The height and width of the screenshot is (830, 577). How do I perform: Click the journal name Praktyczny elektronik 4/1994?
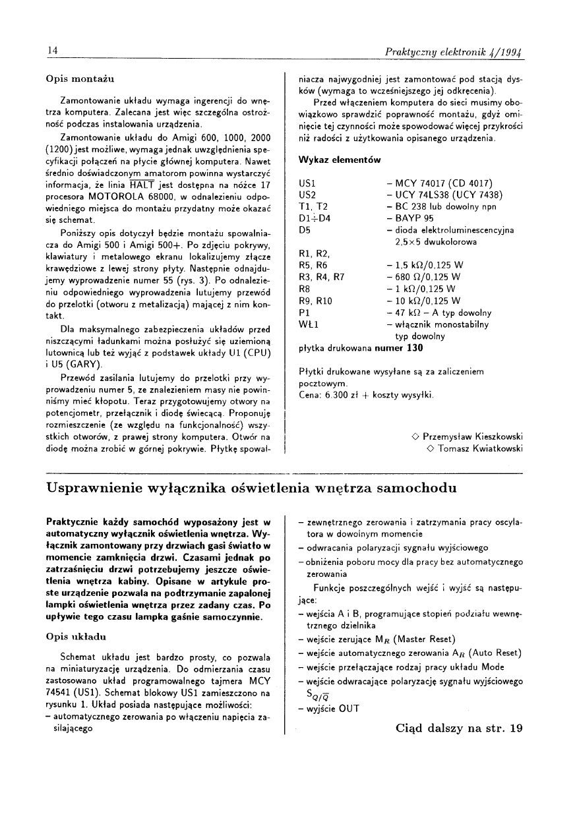(454, 51)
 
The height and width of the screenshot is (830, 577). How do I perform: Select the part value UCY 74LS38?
(425, 194)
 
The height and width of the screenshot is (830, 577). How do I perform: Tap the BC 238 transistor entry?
(415, 206)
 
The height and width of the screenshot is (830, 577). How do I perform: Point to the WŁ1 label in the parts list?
(310, 324)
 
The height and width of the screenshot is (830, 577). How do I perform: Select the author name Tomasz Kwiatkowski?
(479, 448)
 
